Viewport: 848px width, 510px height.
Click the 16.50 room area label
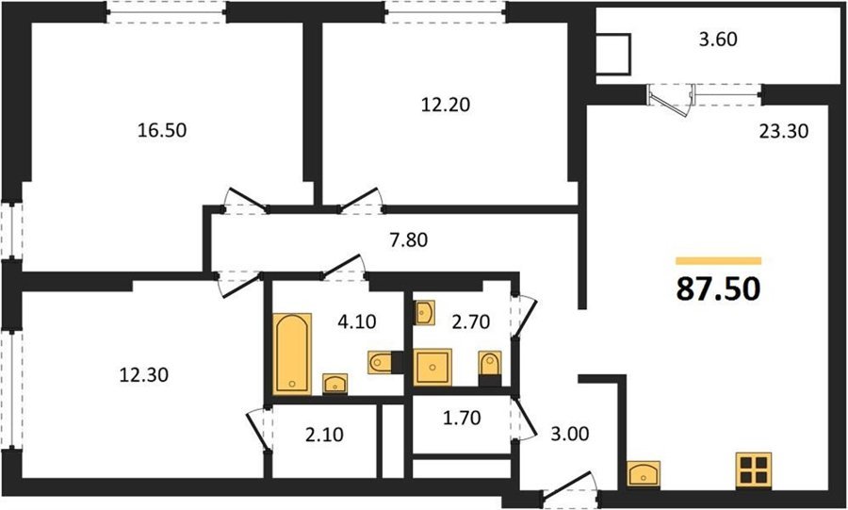point(162,130)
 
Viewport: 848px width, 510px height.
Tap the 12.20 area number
point(446,104)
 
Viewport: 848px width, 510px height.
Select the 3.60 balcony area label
point(718,40)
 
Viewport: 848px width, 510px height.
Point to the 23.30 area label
point(784,131)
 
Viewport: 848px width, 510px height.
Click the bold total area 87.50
point(719,288)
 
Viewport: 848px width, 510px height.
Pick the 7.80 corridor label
point(409,239)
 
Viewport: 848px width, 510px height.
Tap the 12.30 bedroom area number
point(144,374)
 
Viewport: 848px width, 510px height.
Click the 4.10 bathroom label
point(357,321)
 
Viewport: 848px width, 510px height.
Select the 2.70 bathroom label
point(471,321)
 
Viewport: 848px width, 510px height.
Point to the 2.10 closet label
point(324,435)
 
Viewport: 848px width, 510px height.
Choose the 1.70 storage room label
point(462,418)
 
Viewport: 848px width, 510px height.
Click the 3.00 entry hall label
point(570,434)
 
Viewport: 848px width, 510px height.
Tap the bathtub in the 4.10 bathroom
point(292,354)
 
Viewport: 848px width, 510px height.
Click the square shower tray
point(432,368)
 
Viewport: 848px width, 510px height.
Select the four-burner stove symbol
point(754,469)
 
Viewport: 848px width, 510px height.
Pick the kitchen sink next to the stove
point(644,473)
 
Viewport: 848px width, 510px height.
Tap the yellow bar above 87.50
point(719,261)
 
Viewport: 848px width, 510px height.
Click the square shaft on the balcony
point(613,54)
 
